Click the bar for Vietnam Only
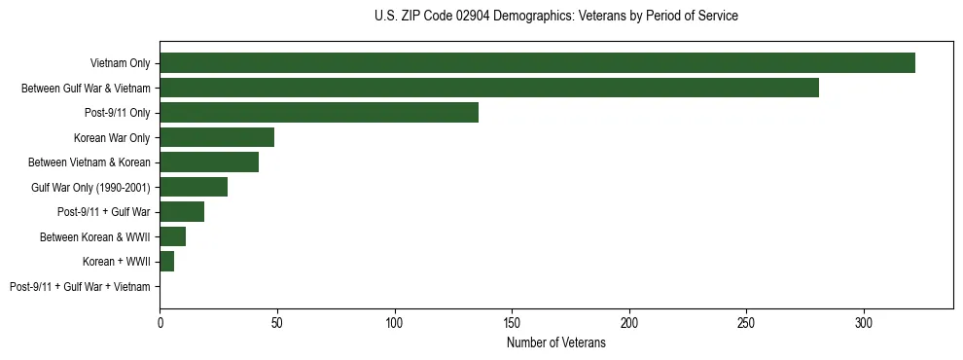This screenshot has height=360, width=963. (x=537, y=63)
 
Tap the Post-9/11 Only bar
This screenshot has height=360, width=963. (x=319, y=113)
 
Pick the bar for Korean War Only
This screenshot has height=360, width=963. (x=217, y=137)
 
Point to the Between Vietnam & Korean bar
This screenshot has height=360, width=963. (x=209, y=162)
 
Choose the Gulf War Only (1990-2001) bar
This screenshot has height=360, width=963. (x=194, y=187)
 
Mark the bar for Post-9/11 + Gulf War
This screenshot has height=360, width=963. (x=182, y=212)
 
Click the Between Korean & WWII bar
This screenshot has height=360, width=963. (x=172, y=236)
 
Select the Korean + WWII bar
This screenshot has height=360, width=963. (x=166, y=262)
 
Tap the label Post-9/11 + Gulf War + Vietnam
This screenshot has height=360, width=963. (x=80, y=287)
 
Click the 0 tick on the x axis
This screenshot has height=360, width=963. (x=160, y=321)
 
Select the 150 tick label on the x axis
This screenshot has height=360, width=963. (x=512, y=321)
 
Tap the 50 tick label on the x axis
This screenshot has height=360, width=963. (x=277, y=321)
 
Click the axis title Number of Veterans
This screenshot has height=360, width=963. (x=556, y=342)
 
